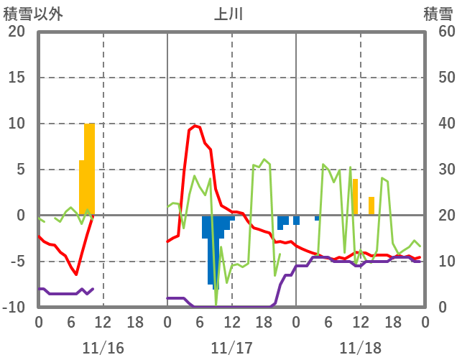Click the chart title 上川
tap(231, 14)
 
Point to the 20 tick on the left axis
tap(16, 32)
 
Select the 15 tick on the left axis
tap(16, 78)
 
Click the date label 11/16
tap(103, 349)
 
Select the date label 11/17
tap(231, 349)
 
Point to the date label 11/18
tap(360, 349)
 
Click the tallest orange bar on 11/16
tap(90, 169)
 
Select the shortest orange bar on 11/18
tap(371, 206)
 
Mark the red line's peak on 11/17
tap(195, 126)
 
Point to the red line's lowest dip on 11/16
tap(76, 274)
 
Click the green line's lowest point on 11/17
tap(216, 304)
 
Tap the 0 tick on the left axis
tap(20, 216)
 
